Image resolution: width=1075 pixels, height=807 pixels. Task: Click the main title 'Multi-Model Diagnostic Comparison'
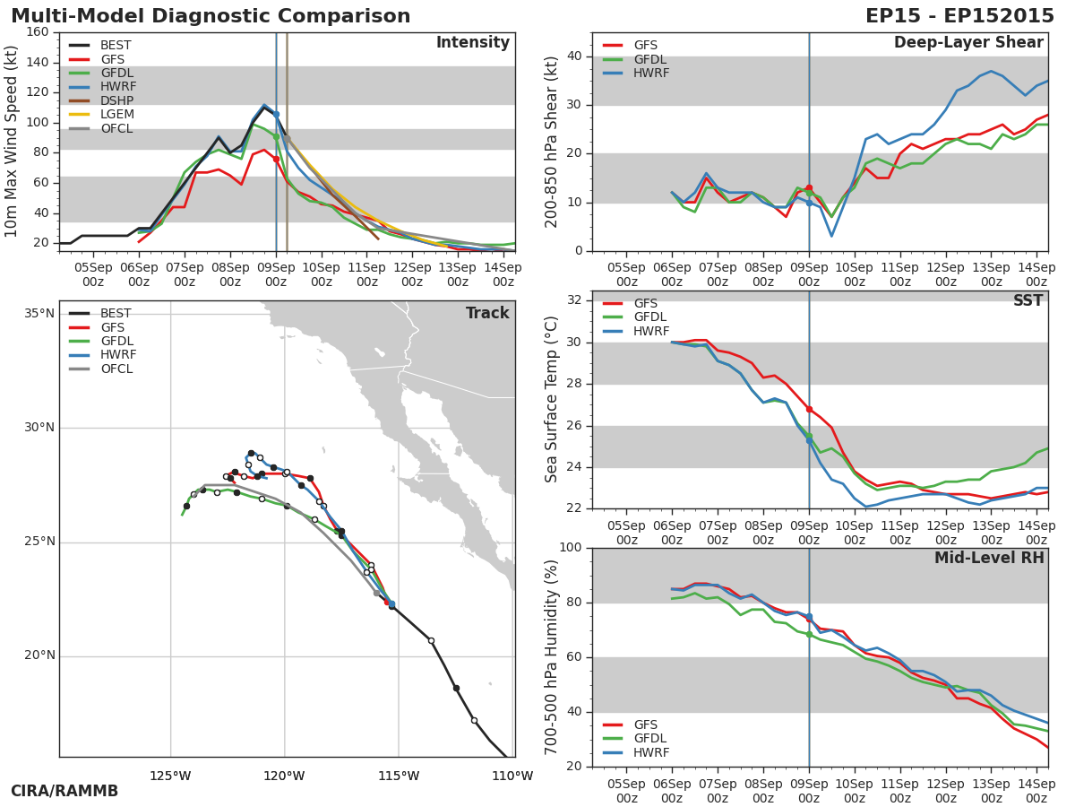[x=211, y=16]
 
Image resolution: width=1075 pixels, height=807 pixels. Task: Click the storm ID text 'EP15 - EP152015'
[x=959, y=16]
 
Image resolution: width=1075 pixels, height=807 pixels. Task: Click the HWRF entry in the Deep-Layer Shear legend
[x=651, y=74]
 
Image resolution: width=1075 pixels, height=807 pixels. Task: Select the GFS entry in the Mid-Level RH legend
[x=645, y=725]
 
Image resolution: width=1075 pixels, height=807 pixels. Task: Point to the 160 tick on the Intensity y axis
[x=38, y=32]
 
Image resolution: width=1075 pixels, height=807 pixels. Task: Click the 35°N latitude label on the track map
[x=39, y=314]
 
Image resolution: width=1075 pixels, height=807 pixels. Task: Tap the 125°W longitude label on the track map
[x=170, y=777]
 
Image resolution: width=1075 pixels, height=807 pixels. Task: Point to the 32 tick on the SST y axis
[x=574, y=300]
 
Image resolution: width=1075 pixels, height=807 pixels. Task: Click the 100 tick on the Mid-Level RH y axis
[x=570, y=548]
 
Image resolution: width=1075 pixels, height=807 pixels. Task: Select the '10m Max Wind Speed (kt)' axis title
[x=12, y=142]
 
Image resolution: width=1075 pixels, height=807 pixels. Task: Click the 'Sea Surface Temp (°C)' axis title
[x=552, y=400]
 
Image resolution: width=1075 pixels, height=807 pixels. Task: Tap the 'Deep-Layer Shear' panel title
[x=968, y=43]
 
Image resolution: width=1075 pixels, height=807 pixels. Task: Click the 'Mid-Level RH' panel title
[x=989, y=559]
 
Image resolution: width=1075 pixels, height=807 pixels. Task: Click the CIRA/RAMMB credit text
[x=64, y=792]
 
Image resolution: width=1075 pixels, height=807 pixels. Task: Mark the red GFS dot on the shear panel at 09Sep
[x=809, y=188]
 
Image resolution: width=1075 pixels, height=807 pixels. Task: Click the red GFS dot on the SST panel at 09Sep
[x=809, y=409]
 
